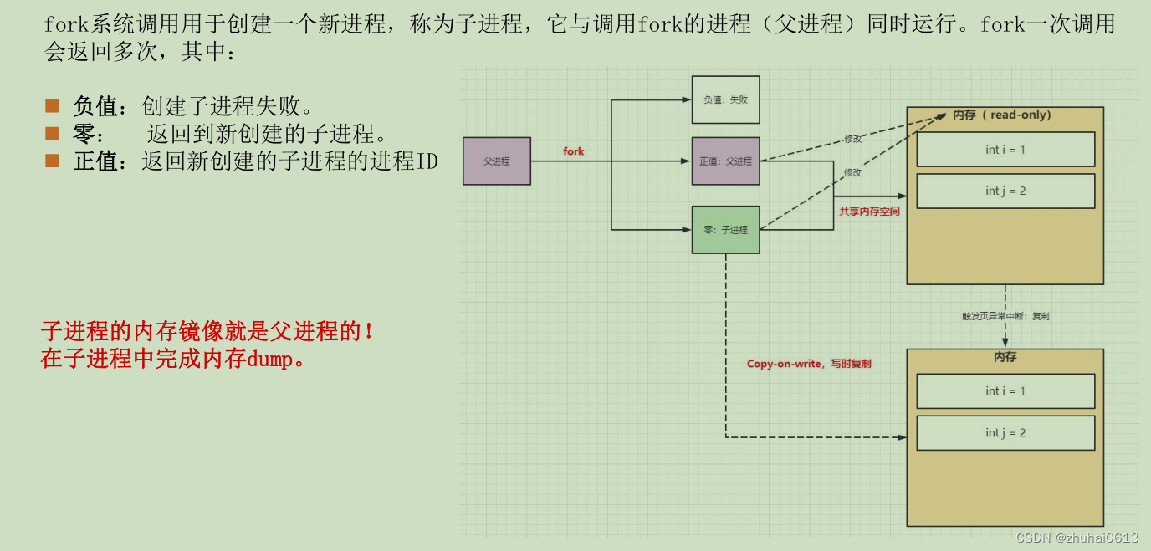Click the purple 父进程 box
[x=496, y=161]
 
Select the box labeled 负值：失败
[x=725, y=99]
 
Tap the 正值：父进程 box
[x=725, y=161]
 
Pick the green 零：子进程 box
[x=725, y=230]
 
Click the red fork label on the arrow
[x=574, y=151]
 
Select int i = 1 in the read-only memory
[x=1005, y=150]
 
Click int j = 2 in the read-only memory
[x=1005, y=191]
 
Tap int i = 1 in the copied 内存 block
[x=1005, y=391]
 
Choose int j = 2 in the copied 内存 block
[x=1005, y=433]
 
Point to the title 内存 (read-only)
[x=1002, y=115]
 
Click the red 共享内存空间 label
[x=869, y=212]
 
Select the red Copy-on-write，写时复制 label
[x=809, y=364]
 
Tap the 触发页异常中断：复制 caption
[x=1005, y=316]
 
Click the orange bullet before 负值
[x=53, y=106]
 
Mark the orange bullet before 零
[x=53, y=133]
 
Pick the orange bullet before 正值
[x=53, y=160]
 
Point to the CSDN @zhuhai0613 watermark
[x=1077, y=538]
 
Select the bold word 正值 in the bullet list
[x=95, y=161]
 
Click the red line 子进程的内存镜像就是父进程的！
[x=207, y=332]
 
